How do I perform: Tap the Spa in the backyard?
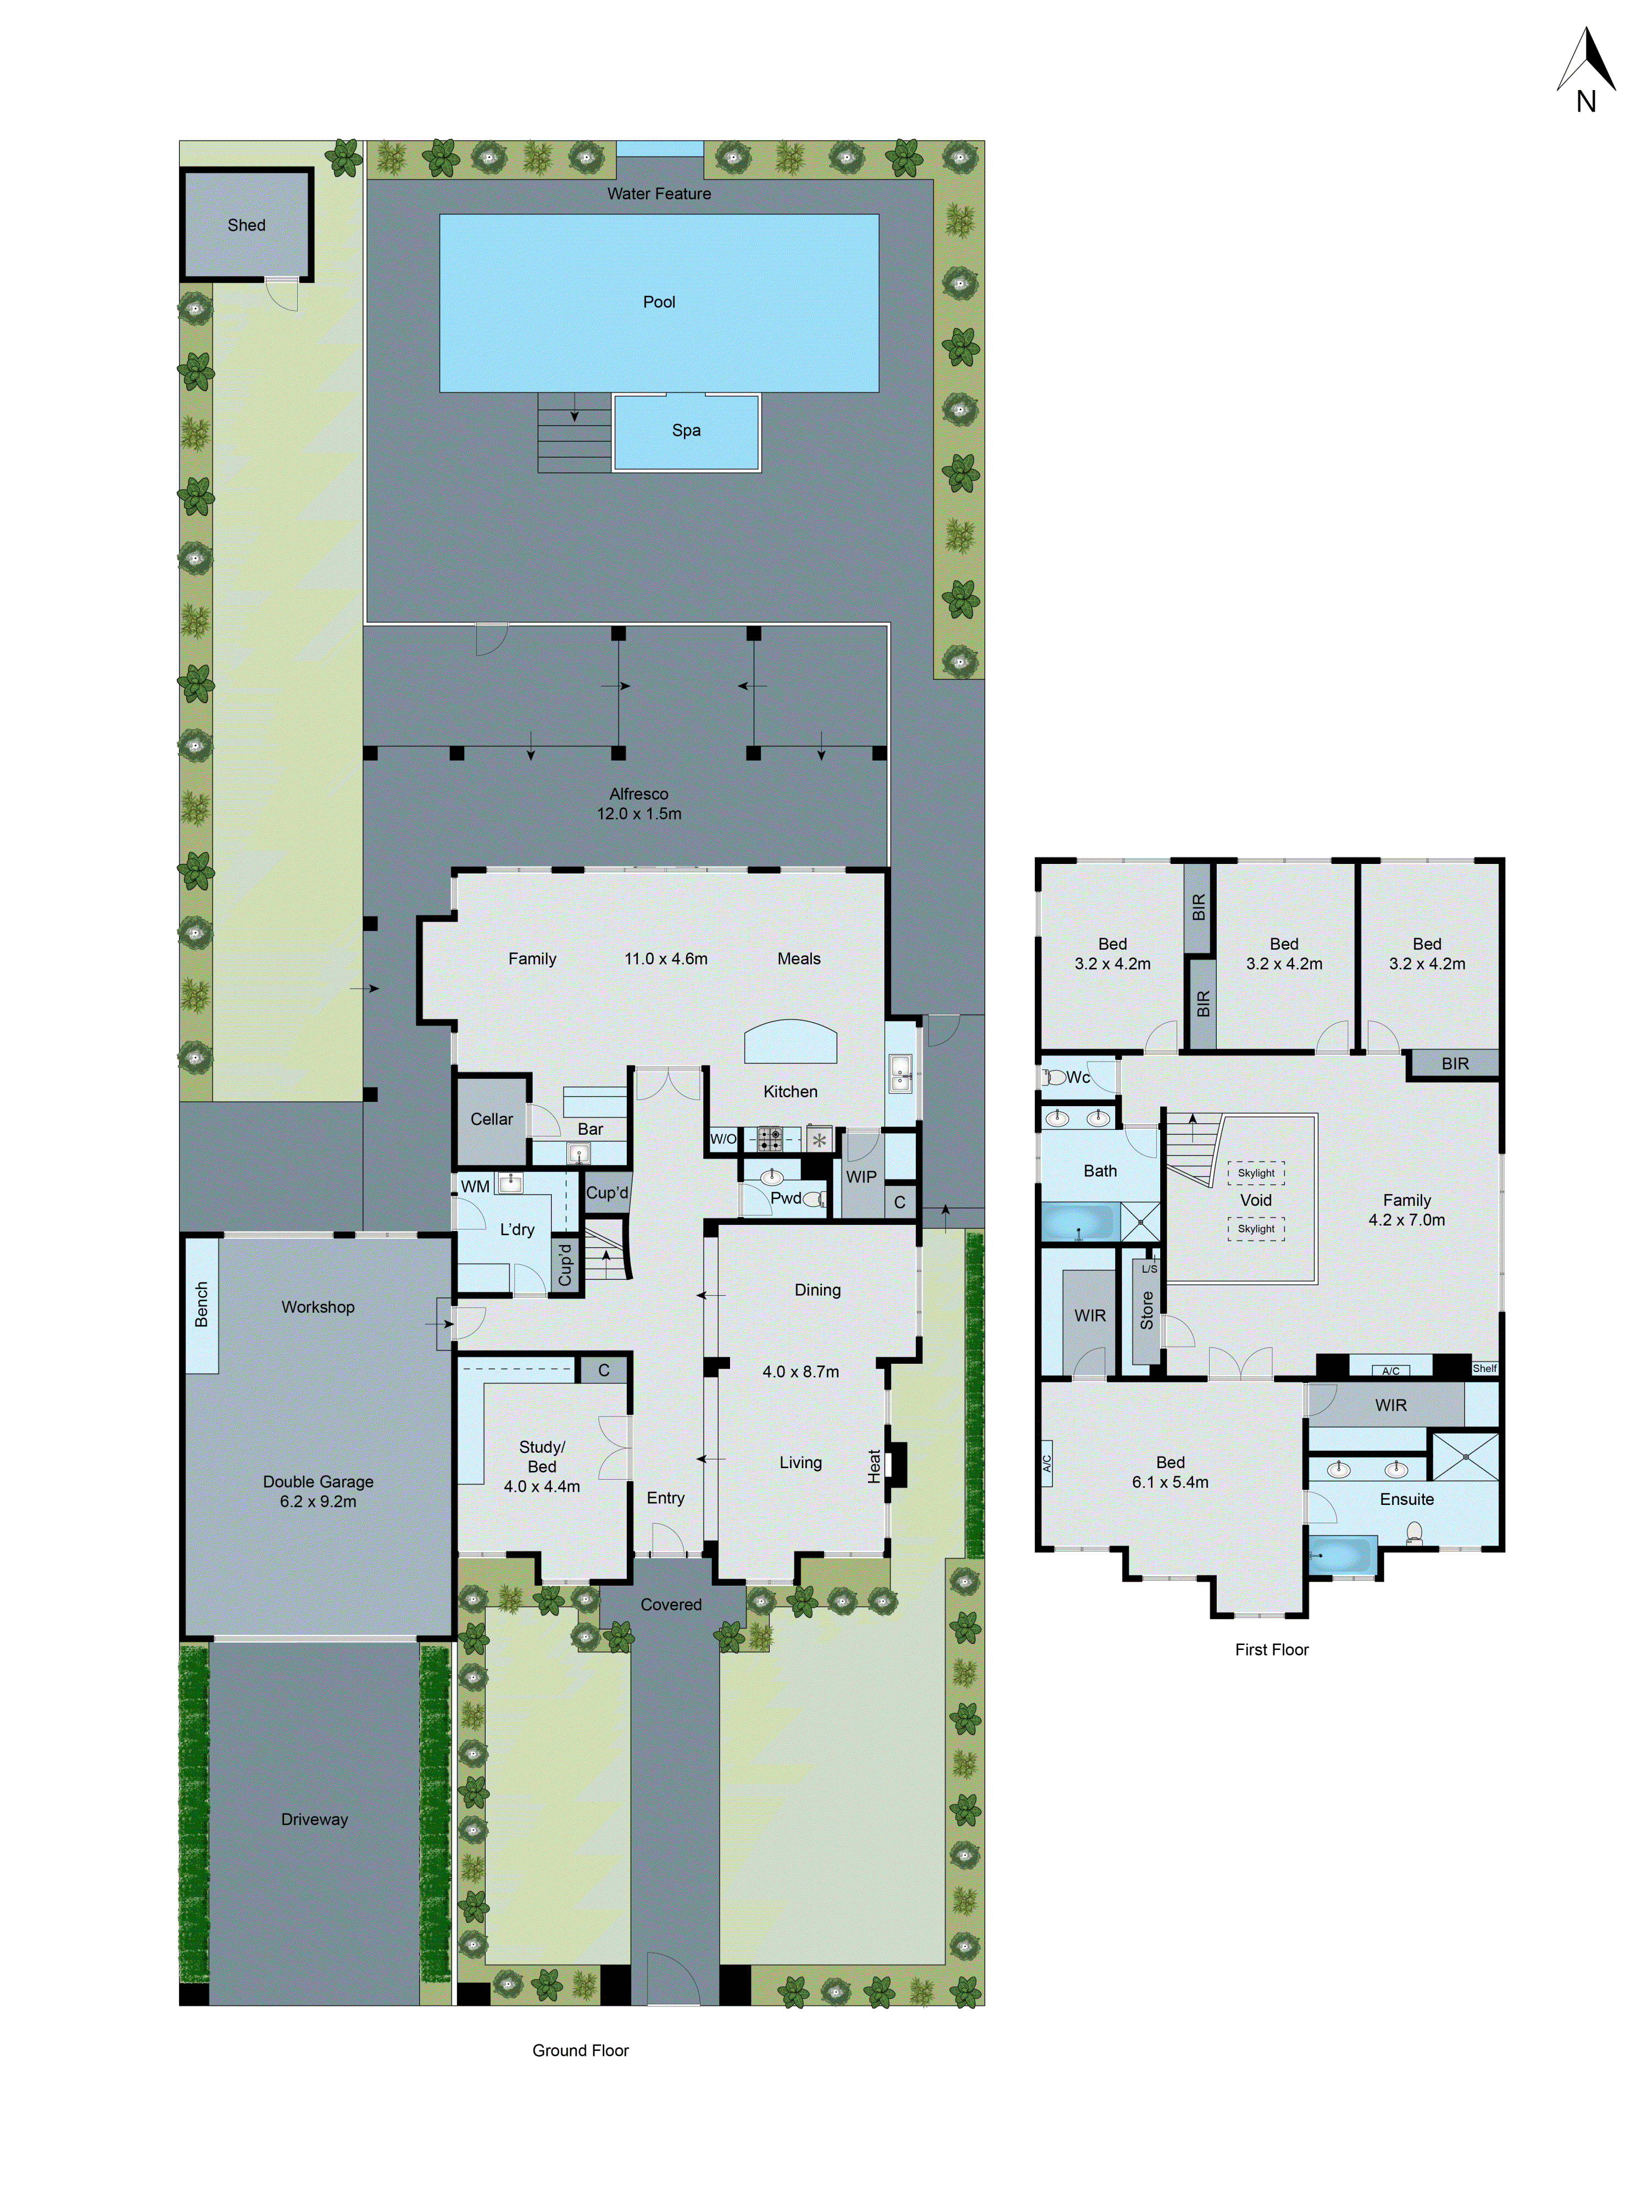(x=686, y=431)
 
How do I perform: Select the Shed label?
(x=246, y=225)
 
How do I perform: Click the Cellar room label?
(x=492, y=1119)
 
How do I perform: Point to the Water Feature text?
(x=659, y=194)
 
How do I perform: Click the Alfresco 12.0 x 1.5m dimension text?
(x=639, y=813)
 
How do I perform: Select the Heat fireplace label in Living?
(x=874, y=1466)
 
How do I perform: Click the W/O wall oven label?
(x=723, y=1139)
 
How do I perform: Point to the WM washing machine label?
(x=475, y=1187)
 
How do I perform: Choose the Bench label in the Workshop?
(x=202, y=1304)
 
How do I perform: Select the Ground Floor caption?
(x=580, y=2050)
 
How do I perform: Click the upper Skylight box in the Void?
(x=1256, y=1173)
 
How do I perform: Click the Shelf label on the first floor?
(x=1484, y=1369)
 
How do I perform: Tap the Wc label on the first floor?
(x=1078, y=1078)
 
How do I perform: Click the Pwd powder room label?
(x=785, y=1198)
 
